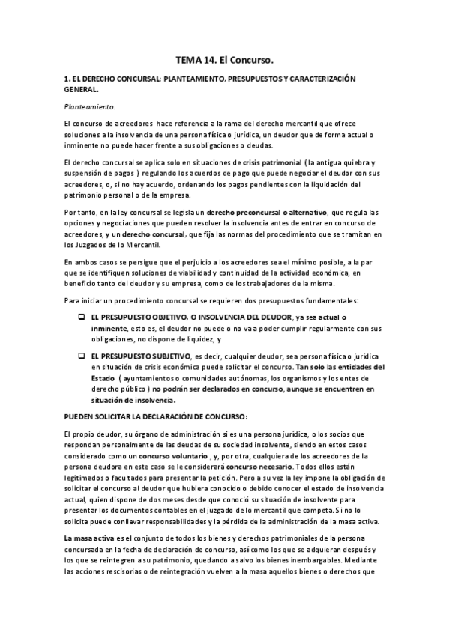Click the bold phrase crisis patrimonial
coord(272,162)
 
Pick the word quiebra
coord(358,162)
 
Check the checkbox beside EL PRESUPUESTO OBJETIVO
coord(81,318)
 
